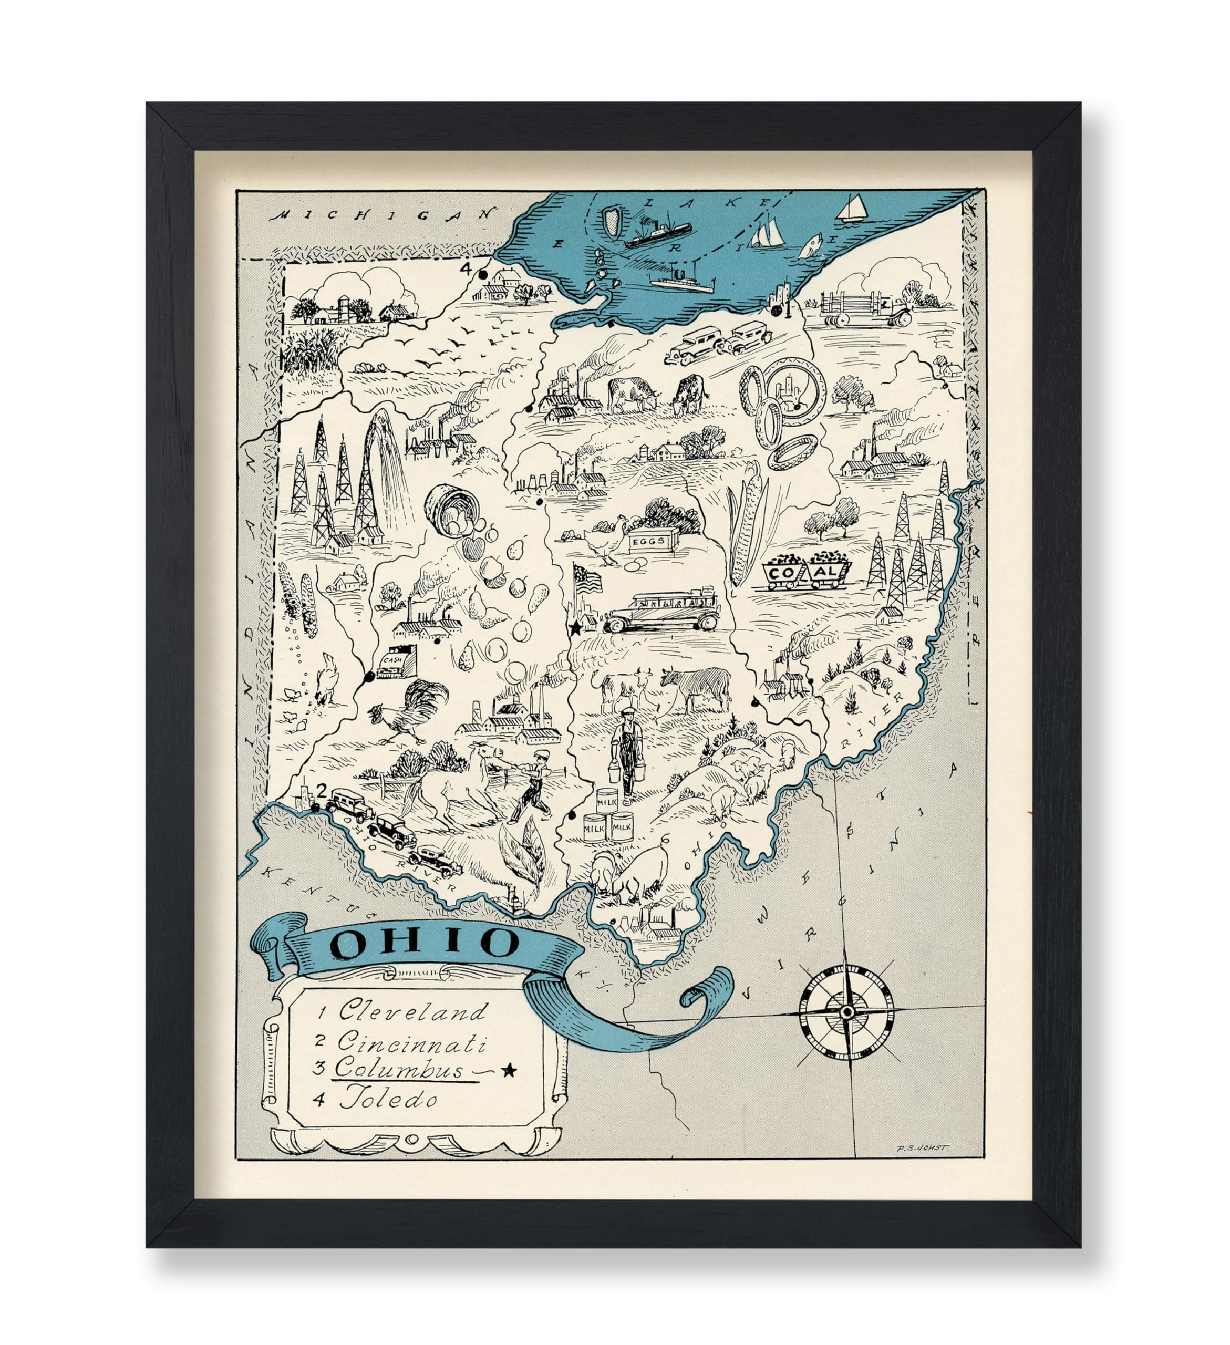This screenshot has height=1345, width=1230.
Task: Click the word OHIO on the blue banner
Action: click(x=426, y=942)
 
